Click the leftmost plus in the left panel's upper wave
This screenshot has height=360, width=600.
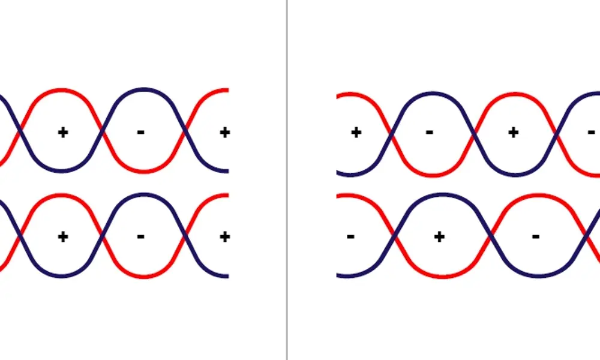point(62,132)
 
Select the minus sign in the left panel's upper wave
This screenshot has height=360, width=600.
point(140,132)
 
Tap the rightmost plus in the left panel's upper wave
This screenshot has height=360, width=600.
point(224,132)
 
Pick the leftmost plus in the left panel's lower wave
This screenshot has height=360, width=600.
point(62,236)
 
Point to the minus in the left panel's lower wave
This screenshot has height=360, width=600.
point(140,236)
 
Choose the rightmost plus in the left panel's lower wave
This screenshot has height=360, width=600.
point(224,236)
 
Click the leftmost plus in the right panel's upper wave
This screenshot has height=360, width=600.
point(356,132)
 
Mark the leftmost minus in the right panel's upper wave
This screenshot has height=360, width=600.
point(430,132)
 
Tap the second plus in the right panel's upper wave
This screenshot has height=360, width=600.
point(513,132)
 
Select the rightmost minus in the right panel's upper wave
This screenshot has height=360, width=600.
point(591,132)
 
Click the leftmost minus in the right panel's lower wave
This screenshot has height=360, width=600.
point(350,236)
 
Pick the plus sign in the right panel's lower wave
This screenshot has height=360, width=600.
point(439,236)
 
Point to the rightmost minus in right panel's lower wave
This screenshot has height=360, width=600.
point(536,236)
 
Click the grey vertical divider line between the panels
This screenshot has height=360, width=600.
point(287,180)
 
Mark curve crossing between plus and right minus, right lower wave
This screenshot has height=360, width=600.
point(491,236)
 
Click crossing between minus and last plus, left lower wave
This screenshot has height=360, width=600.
point(185,235)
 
